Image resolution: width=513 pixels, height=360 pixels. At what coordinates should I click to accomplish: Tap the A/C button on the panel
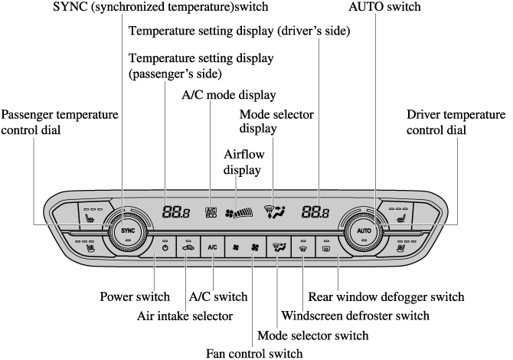point(212,248)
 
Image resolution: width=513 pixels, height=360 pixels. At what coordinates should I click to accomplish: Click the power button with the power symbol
point(165,247)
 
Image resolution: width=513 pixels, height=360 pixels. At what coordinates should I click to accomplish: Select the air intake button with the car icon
point(188,247)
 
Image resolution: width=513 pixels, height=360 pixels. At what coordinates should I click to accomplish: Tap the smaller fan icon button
point(236,248)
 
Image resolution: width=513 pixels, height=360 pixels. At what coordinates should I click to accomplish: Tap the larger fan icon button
point(256,248)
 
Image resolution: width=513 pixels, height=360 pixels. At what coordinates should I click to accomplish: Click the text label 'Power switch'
point(135,296)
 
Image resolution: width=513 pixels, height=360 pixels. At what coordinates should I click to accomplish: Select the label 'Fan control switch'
point(254,353)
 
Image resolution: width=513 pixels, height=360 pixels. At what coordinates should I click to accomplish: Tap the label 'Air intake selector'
point(185,315)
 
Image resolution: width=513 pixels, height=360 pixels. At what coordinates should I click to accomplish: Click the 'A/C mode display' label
point(228,95)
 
